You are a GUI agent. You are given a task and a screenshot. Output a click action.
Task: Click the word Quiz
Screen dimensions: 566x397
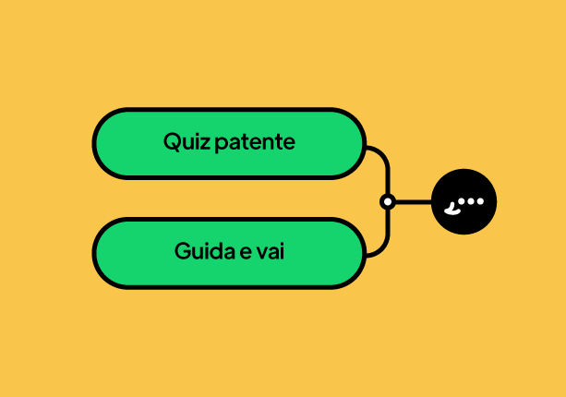(187, 141)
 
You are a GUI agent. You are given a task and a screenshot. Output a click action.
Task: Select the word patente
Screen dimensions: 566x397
(255, 142)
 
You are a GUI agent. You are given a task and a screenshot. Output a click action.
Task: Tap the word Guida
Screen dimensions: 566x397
(205, 251)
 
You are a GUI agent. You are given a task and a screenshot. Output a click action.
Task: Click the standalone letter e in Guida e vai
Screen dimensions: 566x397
(246, 253)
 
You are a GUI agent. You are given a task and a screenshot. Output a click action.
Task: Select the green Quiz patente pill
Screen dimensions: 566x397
(230, 143)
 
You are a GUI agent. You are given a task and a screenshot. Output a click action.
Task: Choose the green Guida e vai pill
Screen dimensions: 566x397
(230, 253)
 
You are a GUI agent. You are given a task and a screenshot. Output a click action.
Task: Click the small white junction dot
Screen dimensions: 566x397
(388, 202)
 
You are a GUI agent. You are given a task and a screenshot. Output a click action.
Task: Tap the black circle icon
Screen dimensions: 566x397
(464, 201)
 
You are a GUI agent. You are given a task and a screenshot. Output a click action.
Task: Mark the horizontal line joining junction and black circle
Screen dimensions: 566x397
(414, 202)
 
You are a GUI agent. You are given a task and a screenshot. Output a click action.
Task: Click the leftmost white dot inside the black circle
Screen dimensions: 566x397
(462, 201)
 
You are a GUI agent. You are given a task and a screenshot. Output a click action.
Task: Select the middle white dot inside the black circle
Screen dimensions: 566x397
(471, 201)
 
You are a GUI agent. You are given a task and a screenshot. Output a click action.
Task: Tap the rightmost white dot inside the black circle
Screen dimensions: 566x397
(480, 201)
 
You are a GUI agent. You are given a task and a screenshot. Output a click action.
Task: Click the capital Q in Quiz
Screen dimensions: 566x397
(172, 141)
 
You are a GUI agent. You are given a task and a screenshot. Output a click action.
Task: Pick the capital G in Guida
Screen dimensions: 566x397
(184, 251)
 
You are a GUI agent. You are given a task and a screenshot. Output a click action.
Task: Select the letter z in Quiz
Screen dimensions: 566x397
(205, 143)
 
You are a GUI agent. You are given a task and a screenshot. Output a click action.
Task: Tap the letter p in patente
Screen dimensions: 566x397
(221, 145)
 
